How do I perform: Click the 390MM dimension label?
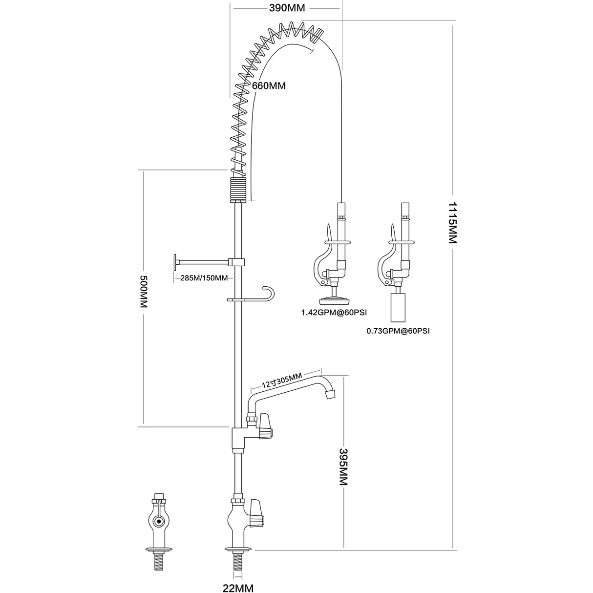(287, 8)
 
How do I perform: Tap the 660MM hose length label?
(268, 85)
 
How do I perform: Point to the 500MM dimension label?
(144, 291)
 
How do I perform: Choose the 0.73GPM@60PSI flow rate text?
(398, 331)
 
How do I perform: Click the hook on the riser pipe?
(269, 292)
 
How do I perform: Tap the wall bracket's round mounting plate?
(174, 262)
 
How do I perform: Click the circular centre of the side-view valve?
(158, 522)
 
